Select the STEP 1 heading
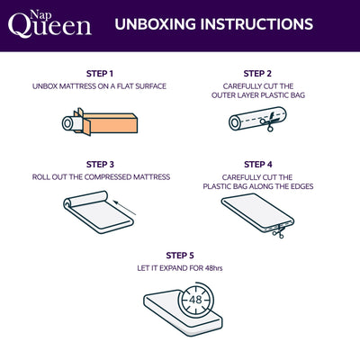click(x=99, y=73)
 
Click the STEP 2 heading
click(x=257, y=73)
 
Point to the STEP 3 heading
click(x=99, y=165)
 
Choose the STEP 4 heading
click(x=257, y=165)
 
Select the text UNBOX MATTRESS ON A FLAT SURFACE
click(x=99, y=86)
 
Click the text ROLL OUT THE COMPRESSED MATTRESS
click(x=99, y=177)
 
